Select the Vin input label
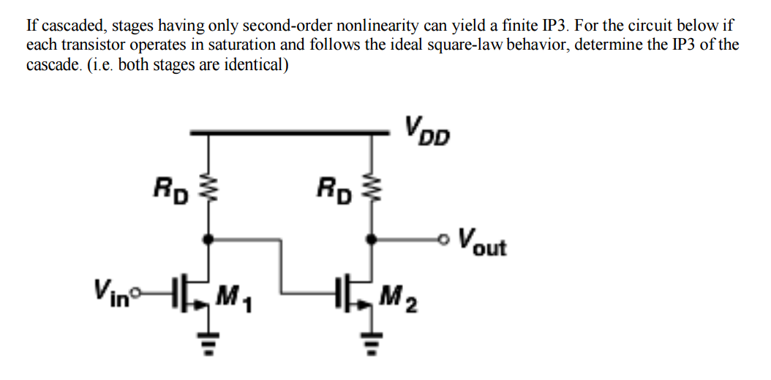(x=106, y=285)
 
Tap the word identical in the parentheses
(x=252, y=64)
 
